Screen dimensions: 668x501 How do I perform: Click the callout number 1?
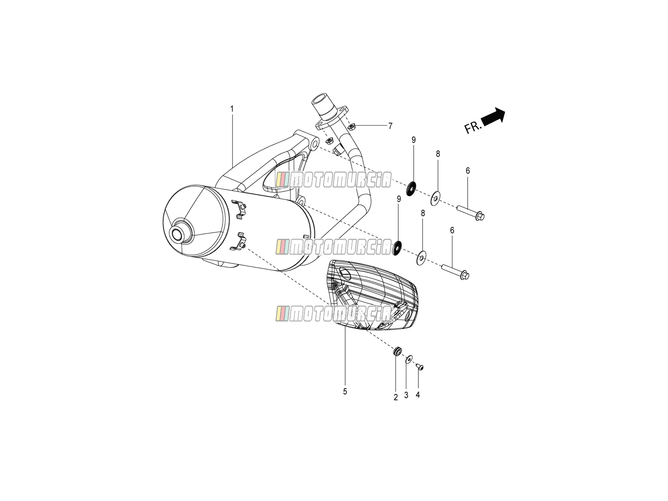click(232, 109)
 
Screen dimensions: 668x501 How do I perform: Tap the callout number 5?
click(345, 392)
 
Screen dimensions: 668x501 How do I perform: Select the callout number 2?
click(396, 397)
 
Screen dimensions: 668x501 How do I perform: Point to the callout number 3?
click(406, 395)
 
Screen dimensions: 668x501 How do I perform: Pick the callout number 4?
click(417, 395)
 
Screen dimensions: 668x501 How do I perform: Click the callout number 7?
click(390, 126)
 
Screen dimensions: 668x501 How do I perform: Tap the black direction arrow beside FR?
click(493, 117)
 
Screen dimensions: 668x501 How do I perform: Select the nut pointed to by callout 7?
click(352, 126)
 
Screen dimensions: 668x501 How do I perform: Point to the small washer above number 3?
click(408, 359)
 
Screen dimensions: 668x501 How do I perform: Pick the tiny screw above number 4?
click(419, 367)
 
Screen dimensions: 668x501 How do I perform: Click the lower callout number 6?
click(452, 230)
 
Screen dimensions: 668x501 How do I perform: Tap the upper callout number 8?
click(438, 154)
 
